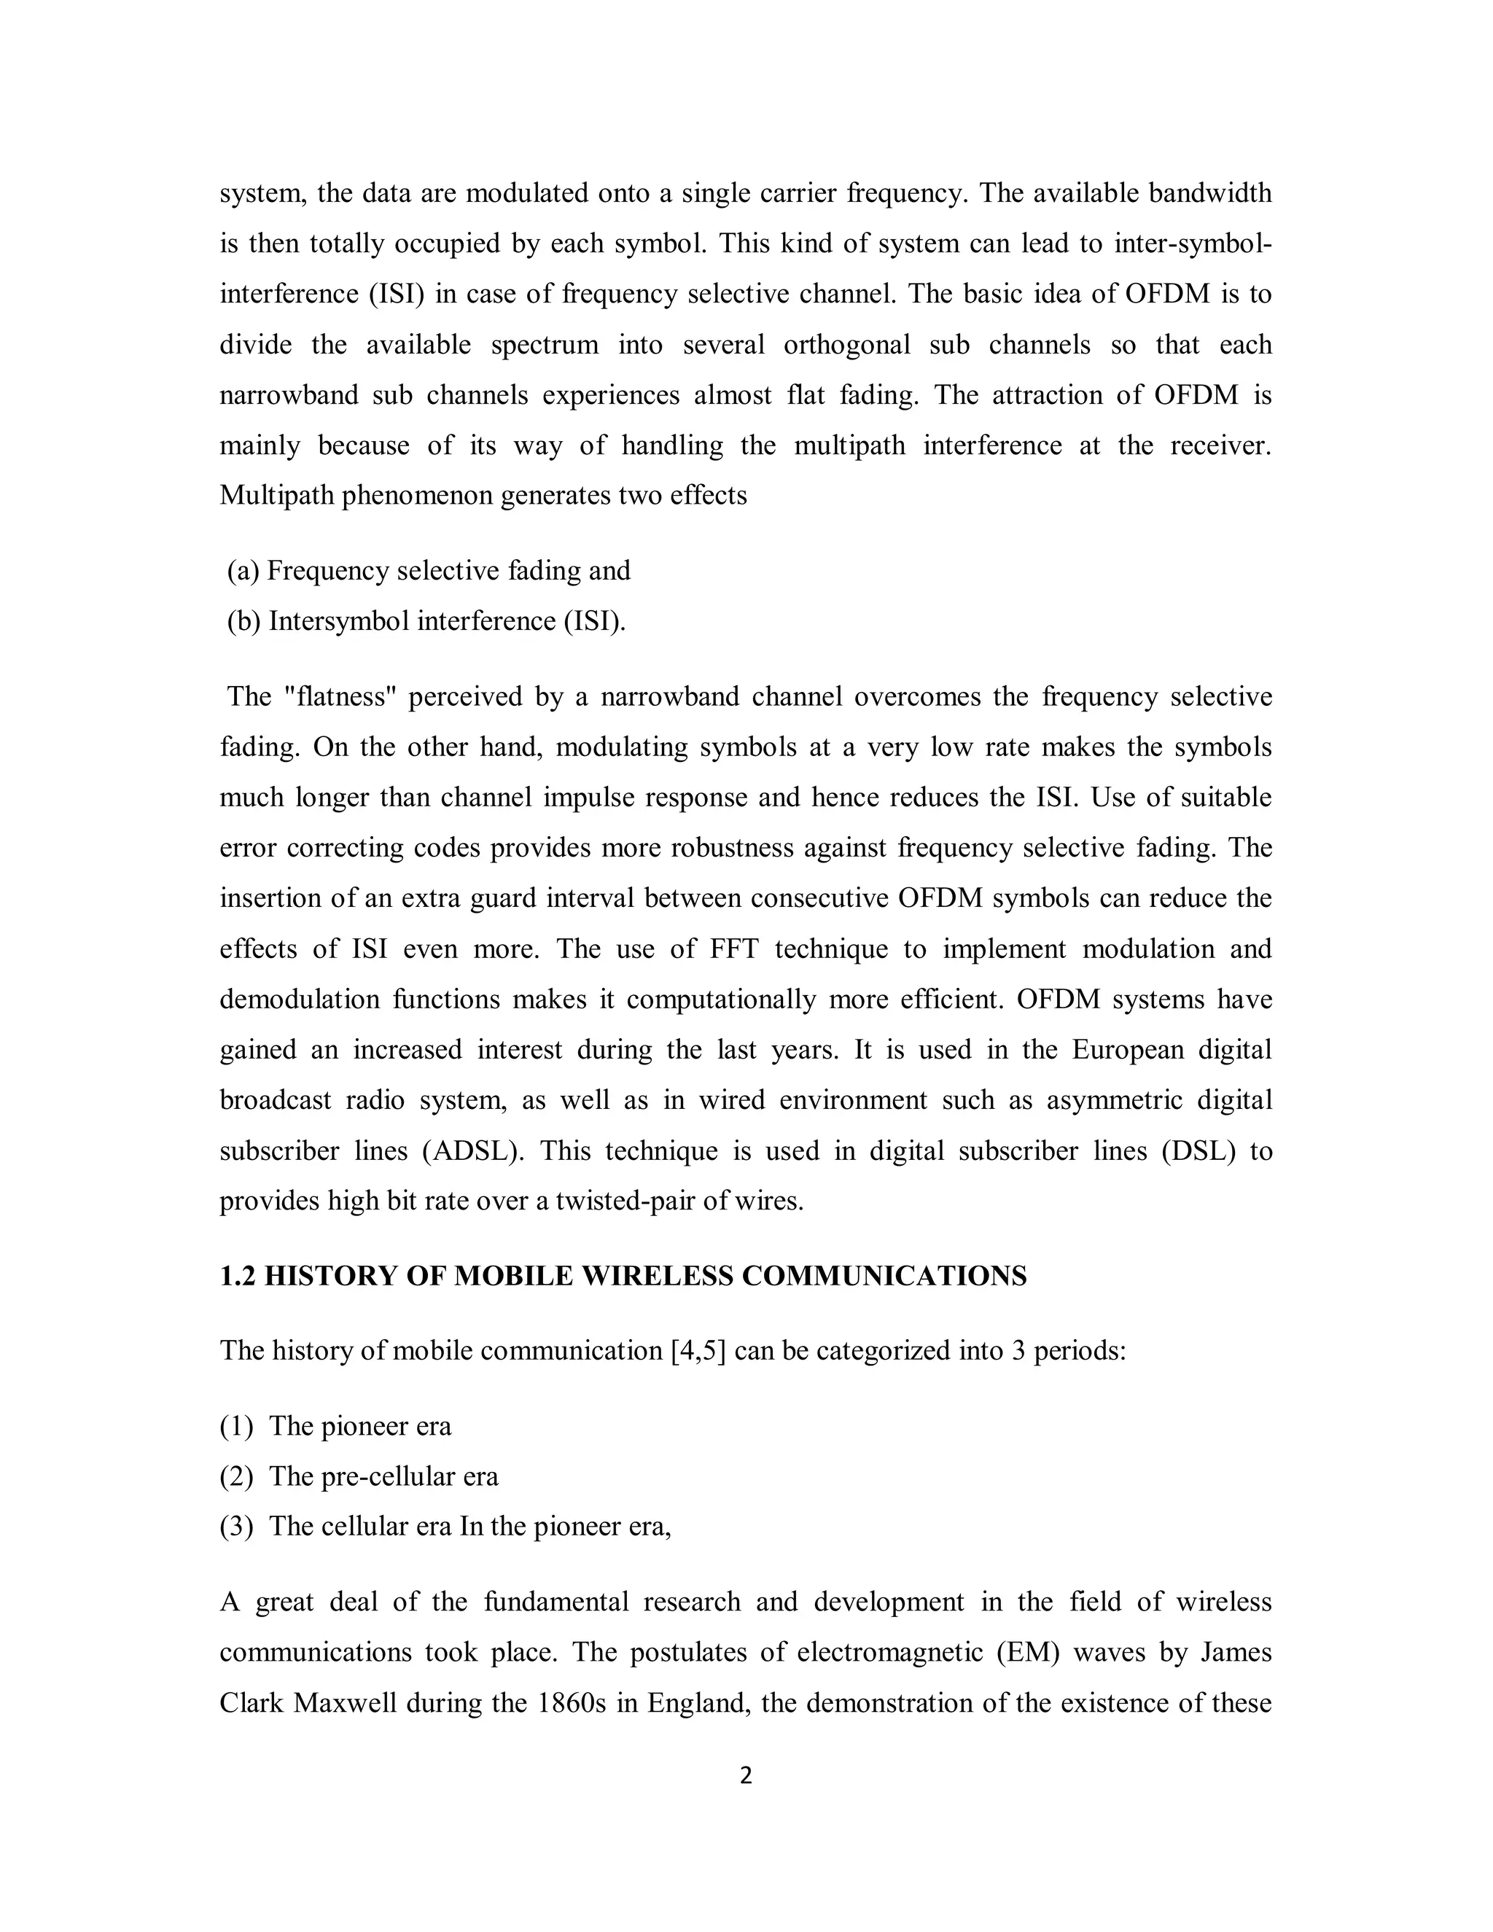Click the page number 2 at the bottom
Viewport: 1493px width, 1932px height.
tap(746, 1775)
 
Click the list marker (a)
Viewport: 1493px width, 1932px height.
tap(243, 572)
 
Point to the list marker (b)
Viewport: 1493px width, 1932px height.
tap(244, 622)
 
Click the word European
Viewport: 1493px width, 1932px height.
tap(1128, 1050)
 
